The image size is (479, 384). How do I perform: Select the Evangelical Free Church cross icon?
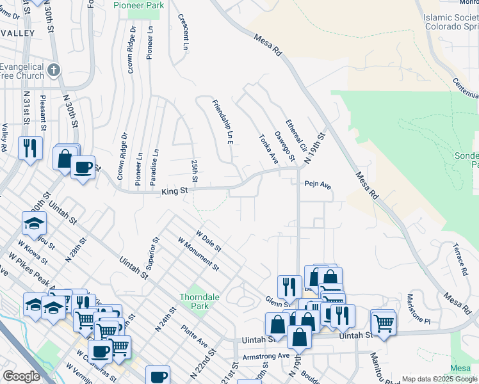(x=54, y=69)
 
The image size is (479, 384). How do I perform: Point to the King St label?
(x=174, y=191)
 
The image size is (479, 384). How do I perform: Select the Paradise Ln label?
(x=154, y=168)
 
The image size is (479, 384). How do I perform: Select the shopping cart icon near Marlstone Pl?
(x=383, y=322)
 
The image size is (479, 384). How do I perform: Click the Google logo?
(x=21, y=376)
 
